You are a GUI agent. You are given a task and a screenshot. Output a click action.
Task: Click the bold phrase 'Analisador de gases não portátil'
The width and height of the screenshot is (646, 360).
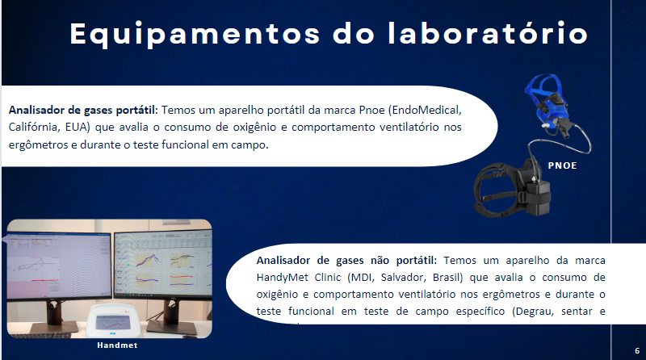click(346, 261)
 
